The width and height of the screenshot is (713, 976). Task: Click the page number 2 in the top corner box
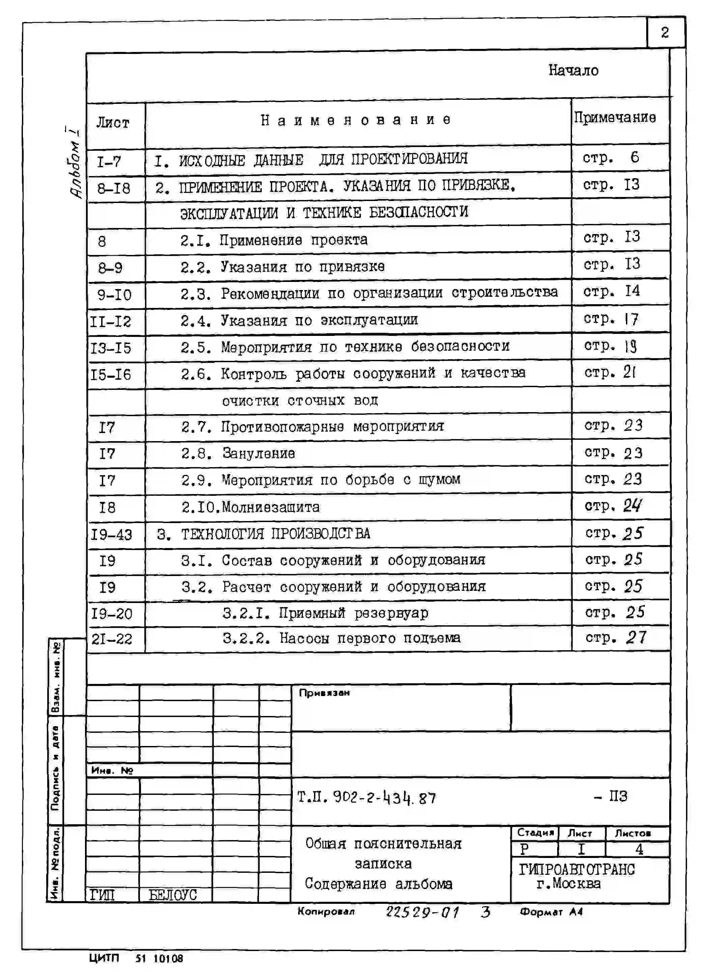tap(665, 33)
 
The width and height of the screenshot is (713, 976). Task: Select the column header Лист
tap(113, 123)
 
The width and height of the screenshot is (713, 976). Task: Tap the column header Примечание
tap(615, 117)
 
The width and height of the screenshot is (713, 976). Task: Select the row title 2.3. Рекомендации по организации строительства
tap(369, 293)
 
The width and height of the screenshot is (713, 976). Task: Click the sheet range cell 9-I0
tap(114, 295)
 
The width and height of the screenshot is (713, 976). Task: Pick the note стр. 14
tap(611, 292)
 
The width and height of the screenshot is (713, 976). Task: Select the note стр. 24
tap(613, 506)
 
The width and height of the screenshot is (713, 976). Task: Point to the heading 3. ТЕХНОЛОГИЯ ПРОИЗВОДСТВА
tap(263, 534)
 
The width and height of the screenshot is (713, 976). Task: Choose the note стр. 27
tap(616, 638)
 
